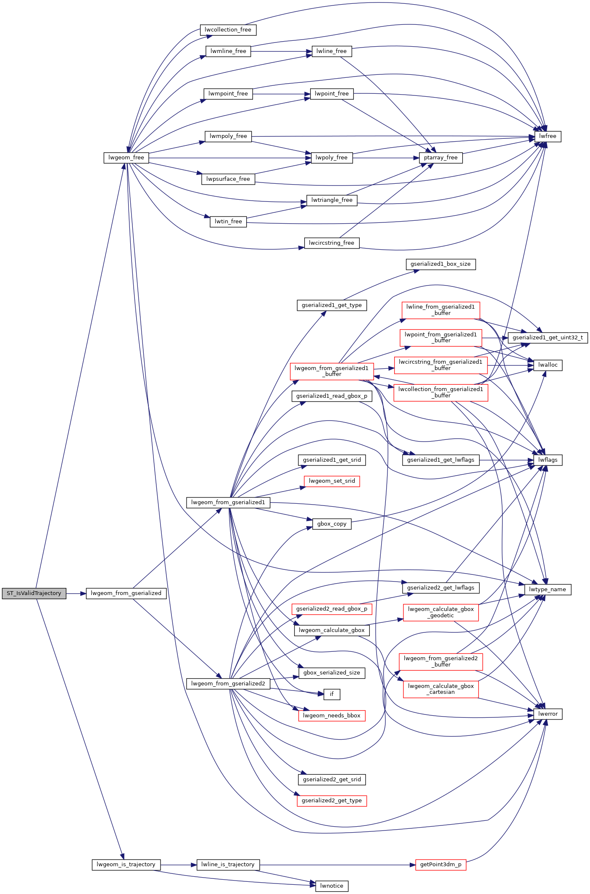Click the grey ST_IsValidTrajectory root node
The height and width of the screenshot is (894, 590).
34,593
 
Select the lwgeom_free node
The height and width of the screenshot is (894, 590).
126,158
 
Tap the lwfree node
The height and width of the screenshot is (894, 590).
548,136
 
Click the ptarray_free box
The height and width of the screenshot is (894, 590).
440,158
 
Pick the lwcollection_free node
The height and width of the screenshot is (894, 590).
228,30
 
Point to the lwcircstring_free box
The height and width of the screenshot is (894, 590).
332,243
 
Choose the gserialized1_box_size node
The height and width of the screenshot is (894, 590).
440,264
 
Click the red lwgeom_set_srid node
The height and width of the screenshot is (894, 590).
332,481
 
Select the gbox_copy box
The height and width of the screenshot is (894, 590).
332,524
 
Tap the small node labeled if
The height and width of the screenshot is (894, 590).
332,694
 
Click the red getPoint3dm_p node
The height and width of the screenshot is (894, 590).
440,865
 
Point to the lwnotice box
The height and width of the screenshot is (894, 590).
332,886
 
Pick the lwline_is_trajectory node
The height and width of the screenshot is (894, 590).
228,865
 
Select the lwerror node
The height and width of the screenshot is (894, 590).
548,714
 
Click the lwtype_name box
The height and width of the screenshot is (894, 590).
547,590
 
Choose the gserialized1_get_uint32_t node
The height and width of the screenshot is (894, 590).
548,338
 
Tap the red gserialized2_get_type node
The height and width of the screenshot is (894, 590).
332,801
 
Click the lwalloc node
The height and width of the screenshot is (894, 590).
548,365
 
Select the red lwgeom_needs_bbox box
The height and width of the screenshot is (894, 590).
332,716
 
